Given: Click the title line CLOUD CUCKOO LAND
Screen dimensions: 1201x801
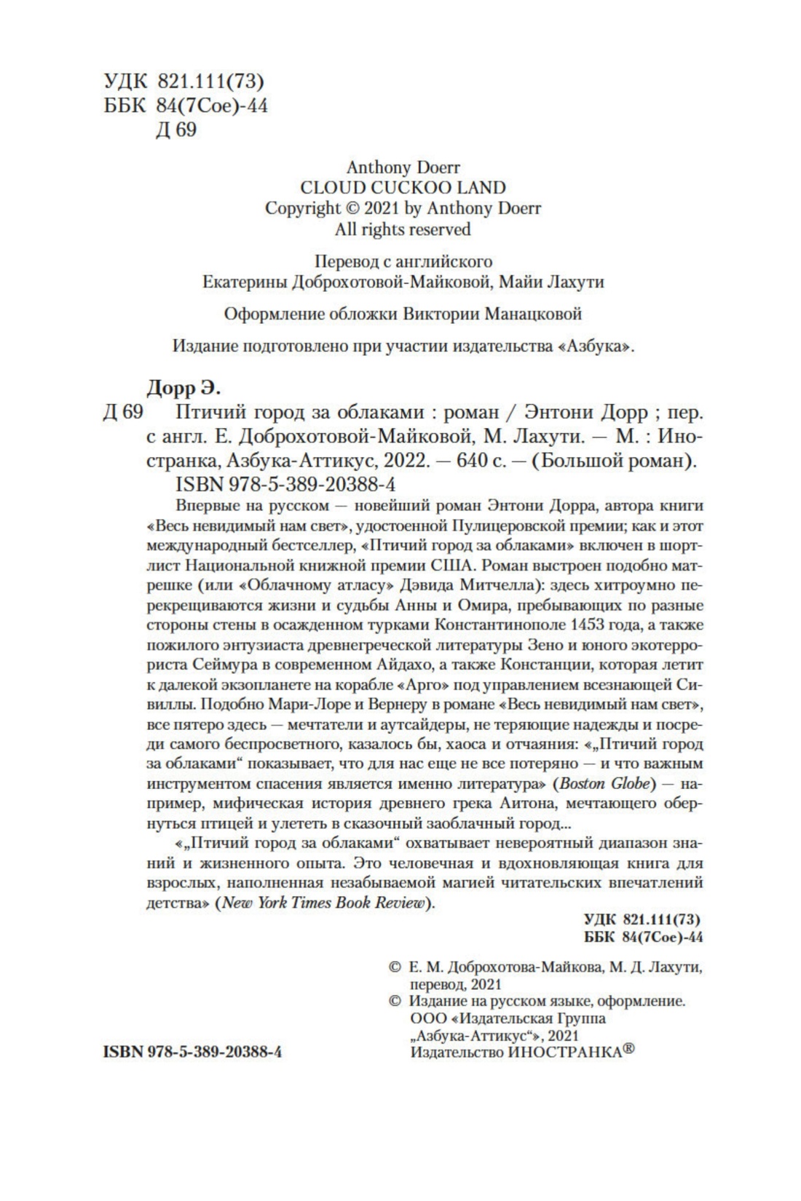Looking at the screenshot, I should click(x=403, y=188).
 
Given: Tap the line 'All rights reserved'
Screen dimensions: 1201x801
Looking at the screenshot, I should click(x=403, y=229).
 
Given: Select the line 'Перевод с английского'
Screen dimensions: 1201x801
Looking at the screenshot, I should click(x=403, y=261).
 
